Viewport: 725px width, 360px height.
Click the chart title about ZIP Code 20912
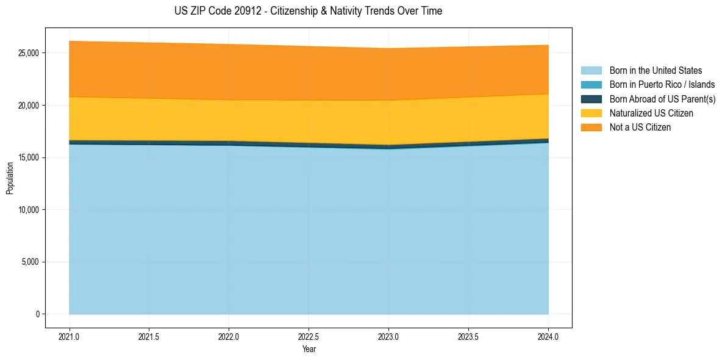coord(308,11)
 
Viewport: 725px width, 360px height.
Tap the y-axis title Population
coord(10,178)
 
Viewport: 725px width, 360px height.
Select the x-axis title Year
coord(309,349)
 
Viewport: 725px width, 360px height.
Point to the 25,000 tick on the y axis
coord(29,53)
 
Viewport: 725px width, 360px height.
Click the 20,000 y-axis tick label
coord(29,106)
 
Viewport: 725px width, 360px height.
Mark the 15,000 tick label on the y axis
coord(29,157)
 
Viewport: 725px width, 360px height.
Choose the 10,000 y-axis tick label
coord(29,210)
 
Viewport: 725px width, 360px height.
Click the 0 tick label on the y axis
coord(37,314)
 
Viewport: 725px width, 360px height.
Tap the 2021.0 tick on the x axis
coord(70,336)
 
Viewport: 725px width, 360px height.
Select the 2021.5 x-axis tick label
coord(149,336)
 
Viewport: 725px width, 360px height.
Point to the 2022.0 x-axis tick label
coord(229,336)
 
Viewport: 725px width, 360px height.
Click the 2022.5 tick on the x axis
coord(309,336)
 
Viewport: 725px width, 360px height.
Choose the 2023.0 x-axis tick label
coord(388,336)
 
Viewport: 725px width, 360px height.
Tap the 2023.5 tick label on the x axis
coord(468,336)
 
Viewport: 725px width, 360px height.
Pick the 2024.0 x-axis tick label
coord(548,336)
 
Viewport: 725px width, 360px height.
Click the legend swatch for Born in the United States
coord(591,71)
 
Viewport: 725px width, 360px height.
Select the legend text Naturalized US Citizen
coord(651,113)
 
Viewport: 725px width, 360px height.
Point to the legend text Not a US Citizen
coord(640,128)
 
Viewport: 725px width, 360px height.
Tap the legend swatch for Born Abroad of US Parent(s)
coord(591,99)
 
